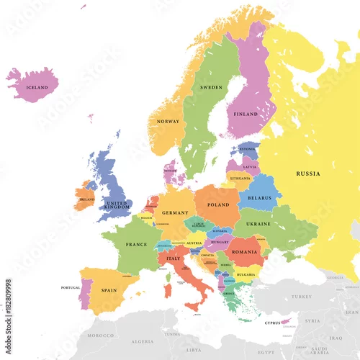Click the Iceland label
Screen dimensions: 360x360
(x=37, y=88)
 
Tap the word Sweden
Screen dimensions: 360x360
(x=211, y=87)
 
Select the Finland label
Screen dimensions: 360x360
(x=246, y=114)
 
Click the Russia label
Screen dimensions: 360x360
(x=308, y=174)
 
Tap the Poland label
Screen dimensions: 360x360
(x=217, y=205)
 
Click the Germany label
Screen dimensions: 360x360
(x=175, y=213)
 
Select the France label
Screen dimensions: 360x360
(x=136, y=245)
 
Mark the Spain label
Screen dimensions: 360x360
(x=109, y=290)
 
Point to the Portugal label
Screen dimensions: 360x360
(x=71, y=288)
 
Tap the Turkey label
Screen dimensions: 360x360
(x=300, y=297)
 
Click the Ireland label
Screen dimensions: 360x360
(x=86, y=199)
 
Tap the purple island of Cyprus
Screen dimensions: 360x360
(x=287, y=321)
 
